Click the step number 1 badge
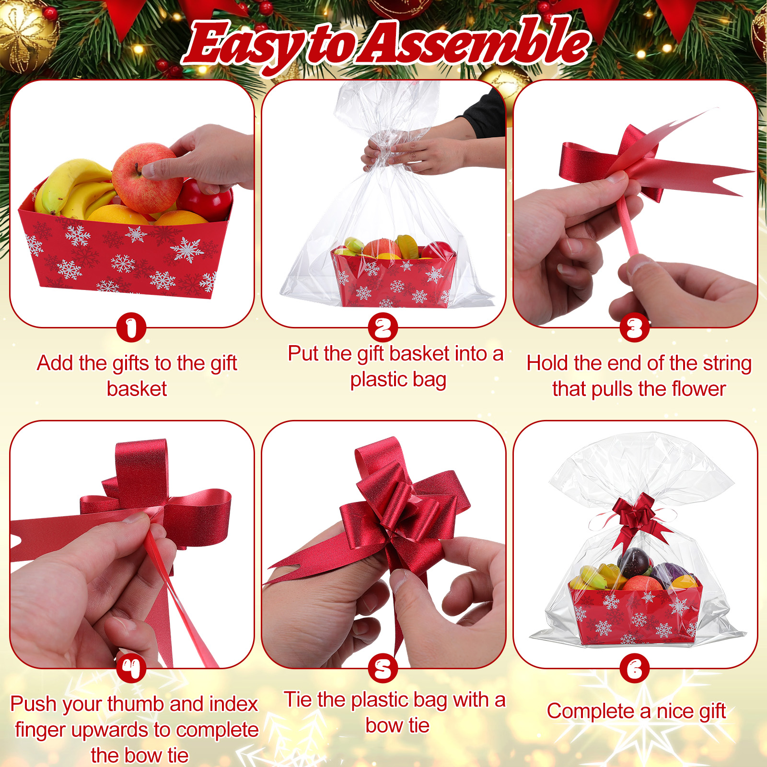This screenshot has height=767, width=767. (x=131, y=328)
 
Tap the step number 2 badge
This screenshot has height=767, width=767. (x=383, y=328)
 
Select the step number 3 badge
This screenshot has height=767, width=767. (x=635, y=328)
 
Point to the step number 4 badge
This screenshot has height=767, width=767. (x=131, y=669)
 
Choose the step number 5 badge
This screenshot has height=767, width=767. (x=383, y=669)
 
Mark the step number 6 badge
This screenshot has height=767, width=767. (x=635, y=669)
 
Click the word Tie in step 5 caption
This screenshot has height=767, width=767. (x=298, y=699)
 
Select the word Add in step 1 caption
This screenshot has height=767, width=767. (x=56, y=363)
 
